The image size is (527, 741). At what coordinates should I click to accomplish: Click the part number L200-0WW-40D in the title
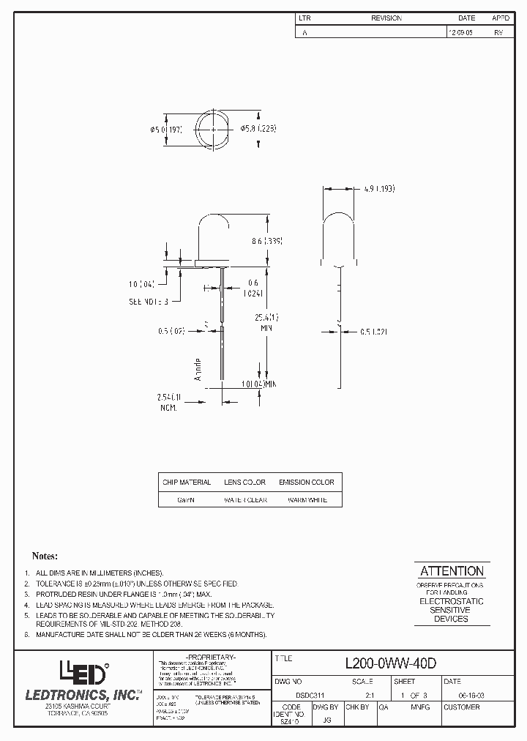(390, 663)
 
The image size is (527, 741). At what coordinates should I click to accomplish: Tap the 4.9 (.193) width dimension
(378, 189)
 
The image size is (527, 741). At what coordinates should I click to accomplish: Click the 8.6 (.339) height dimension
(266, 240)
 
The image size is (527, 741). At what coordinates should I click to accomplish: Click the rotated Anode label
(198, 369)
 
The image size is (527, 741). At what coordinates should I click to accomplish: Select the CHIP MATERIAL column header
(186, 483)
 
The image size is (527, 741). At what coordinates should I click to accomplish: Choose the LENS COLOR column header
(244, 483)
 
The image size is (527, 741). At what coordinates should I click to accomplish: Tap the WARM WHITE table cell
(306, 500)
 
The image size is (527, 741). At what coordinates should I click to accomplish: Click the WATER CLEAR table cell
(244, 500)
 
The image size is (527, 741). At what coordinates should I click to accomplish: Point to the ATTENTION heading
(451, 571)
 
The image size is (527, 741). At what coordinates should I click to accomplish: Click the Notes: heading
(45, 556)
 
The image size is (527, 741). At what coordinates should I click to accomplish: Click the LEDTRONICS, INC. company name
(83, 694)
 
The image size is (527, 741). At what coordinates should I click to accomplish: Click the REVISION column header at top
(386, 18)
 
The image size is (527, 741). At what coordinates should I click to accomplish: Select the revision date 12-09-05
(460, 32)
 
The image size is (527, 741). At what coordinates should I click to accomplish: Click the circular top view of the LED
(212, 129)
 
